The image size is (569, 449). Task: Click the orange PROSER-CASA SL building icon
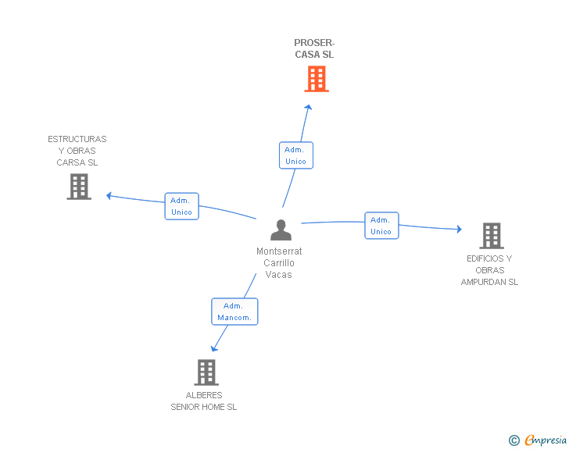pyautogui.click(x=317, y=79)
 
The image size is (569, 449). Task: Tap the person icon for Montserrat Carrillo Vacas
pyautogui.click(x=281, y=230)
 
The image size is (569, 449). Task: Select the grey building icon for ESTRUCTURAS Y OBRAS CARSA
pyautogui.click(x=79, y=187)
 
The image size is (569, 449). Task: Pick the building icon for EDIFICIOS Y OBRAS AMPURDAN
pyautogui.click(x=492, y=236)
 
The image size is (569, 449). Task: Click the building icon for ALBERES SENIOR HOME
pyautogui.click(x=206, y=372)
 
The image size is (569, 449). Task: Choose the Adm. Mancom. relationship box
pyautogui.click(x=234, y=312)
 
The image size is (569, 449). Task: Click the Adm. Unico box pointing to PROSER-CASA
pyautogui.click(x=296, y=155)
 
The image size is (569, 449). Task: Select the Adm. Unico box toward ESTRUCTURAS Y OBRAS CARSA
pyautogui.click(x=182, y=206)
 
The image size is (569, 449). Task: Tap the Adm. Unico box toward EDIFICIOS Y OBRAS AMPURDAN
pyautogui.click(x=381, y=226)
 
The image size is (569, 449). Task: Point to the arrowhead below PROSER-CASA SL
pyautogui.click(x=309, y=107)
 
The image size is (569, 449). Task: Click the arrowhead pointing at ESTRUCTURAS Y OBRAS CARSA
pyautogui.click(x=109, y=196)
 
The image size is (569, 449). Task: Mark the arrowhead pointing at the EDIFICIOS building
pyautogui.click(x=460, y=229)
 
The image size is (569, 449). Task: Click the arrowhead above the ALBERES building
pyautogui.click(x=213, y=349)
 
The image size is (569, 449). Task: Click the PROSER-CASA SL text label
pyautogui.click(x=314, y=48)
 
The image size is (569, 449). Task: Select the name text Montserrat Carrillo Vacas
pyautogui.click(x=279, y=263)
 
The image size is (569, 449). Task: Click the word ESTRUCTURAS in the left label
pyautogui.click(x=77, y=139)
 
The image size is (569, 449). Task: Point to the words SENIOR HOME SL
pyautogui.click(x=203, y=408)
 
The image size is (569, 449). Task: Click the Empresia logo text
pyautogui.click(x=546, y=440)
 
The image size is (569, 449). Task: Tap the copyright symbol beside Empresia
pyautogui.click(x=514, y=440)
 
